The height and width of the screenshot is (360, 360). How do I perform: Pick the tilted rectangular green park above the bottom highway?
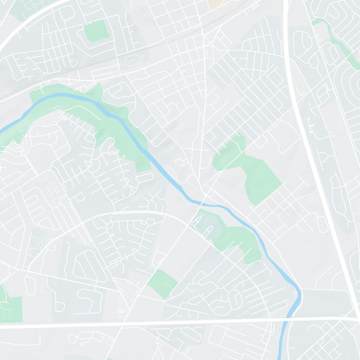pyautogui.click(x=162, y=283)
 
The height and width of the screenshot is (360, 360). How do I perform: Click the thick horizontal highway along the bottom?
pyautogui.click(x=135, y=323)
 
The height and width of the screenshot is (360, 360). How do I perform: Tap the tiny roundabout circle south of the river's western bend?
pyautogui.click(x=65, y=118)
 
